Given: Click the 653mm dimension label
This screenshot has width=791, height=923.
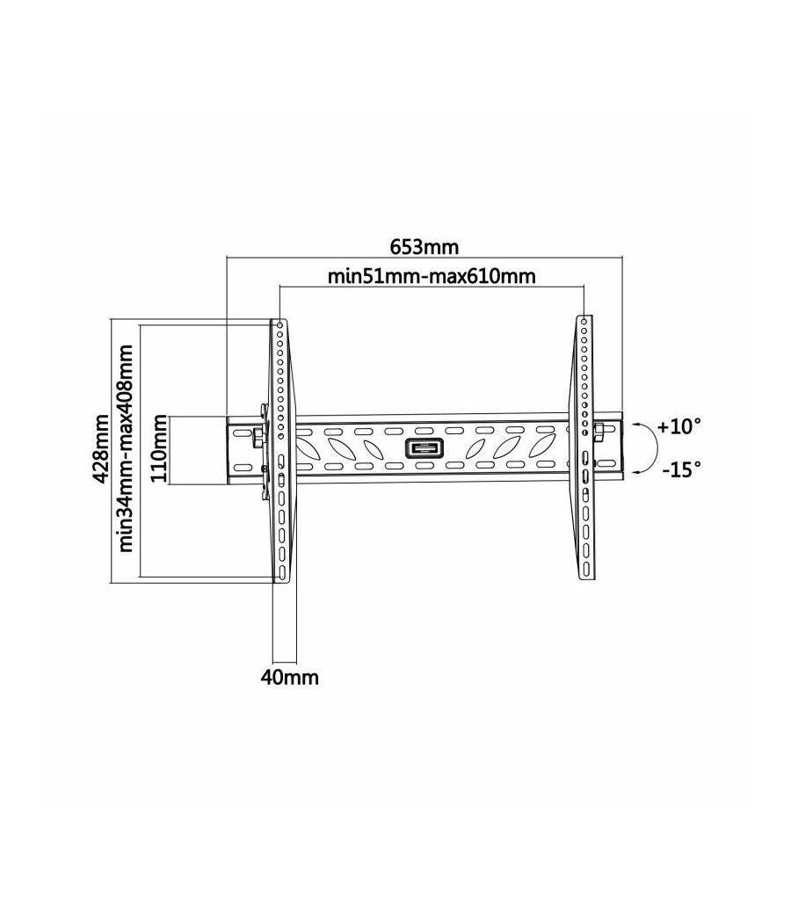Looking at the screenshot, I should click(x=425, y=244).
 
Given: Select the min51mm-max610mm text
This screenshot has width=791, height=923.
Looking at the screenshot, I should click(x=432, y=276).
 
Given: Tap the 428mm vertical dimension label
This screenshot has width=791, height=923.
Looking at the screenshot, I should click(x=102, y=449).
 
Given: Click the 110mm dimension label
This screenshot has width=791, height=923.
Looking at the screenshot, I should click(x=159, y=449).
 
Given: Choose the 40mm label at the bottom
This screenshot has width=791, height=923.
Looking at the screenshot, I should click(x=287, y=678).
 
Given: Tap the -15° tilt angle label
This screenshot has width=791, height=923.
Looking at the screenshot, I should click(x=681, y=469).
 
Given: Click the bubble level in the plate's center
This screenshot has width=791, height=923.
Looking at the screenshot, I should click(x=425, y=448).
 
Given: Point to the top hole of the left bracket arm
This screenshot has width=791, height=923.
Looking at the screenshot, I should click(x=279, y=325).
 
